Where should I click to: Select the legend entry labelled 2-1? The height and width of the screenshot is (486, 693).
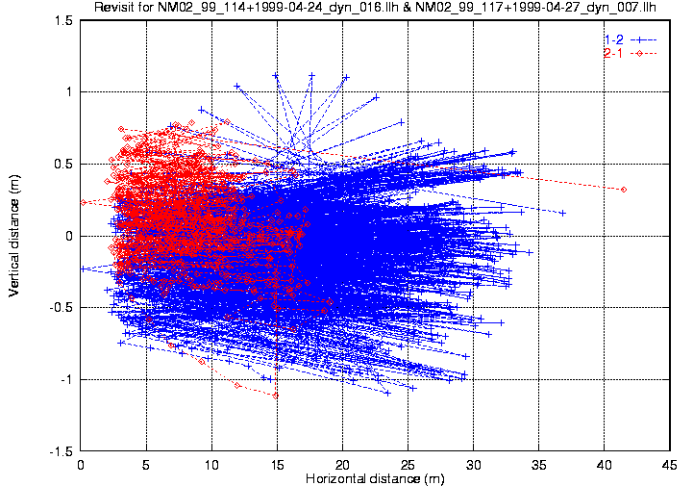(613, 53)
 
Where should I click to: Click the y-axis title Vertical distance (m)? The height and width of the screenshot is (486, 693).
(16, 236)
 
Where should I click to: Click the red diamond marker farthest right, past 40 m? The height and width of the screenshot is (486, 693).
(624, 190)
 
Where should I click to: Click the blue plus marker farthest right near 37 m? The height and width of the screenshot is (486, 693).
(563, 213)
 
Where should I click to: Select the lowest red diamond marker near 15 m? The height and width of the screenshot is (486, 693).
(276, 396)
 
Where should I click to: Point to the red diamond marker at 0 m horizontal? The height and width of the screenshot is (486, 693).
(84, 202)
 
